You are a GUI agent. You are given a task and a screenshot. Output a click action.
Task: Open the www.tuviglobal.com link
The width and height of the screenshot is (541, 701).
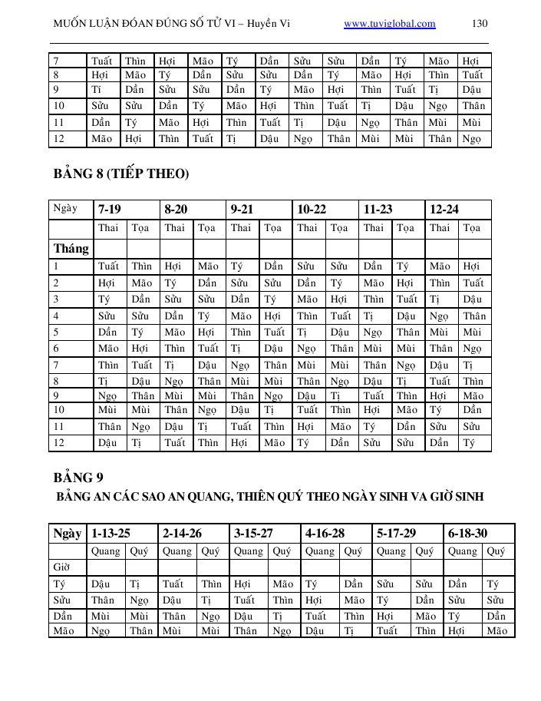[389, 24]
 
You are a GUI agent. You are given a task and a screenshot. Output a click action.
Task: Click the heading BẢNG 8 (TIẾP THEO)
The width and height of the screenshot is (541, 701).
[120, 174]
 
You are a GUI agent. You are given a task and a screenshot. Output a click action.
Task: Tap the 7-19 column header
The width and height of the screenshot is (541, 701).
[109, 209]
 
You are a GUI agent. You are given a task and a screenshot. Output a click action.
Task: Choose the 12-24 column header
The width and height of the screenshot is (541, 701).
[444, 209]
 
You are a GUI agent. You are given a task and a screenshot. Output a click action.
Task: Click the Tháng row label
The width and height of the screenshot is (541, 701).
[71, 249]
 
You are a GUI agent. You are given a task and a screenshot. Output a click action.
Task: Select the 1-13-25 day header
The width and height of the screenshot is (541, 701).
[111, 533]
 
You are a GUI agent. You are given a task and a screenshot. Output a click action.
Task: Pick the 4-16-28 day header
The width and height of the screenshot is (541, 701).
[325, 533]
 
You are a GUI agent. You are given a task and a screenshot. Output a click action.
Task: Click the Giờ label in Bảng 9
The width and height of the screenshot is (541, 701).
[61, 567]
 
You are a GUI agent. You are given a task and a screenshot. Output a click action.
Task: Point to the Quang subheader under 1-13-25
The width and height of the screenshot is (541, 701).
[105, 551]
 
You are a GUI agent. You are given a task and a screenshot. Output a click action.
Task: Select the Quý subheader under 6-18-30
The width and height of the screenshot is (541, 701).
[496, 551]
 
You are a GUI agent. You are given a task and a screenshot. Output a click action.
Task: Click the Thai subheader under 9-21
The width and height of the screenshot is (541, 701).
[240, 228]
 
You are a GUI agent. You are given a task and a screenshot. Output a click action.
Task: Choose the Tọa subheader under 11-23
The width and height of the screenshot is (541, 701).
[406, 228]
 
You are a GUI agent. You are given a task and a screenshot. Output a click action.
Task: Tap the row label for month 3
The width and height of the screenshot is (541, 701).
[57, 299]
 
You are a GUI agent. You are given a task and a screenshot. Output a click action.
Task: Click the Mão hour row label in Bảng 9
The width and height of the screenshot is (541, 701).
[63, 630]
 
